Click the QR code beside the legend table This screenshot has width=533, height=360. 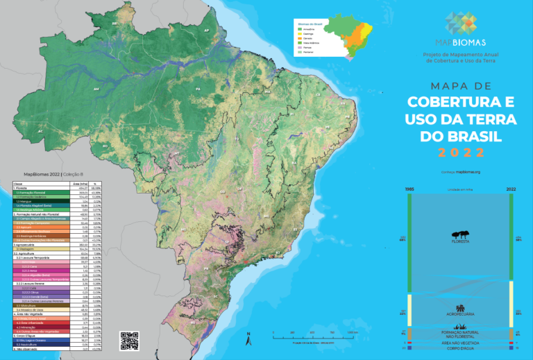(x=130, y=341)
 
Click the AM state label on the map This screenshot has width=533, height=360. (x=96, y=89)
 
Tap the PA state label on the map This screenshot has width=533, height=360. (x=198, y=89)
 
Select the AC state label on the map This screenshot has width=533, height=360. (x=40, y=130)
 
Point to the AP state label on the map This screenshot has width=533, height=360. (x=206, y=31)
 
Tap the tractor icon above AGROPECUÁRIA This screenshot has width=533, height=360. (x=459, y=308)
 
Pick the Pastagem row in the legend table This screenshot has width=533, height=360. (x=42, y=248)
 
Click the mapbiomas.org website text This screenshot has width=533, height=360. (x=468, y=171)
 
